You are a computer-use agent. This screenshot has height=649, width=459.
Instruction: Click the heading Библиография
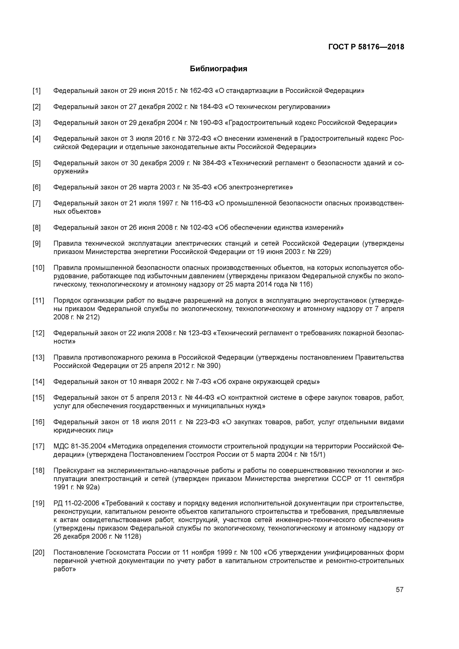(218, 69)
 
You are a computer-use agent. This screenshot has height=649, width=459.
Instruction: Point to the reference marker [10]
(38, 268)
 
